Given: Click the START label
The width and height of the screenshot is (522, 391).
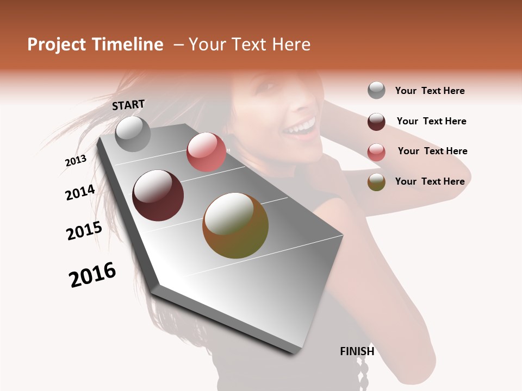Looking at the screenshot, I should coord(128,105).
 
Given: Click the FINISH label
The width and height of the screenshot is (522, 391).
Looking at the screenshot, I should coord(357,351).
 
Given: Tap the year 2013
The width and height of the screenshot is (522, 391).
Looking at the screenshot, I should coord(76,161).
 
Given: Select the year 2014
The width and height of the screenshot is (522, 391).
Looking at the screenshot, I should coord(80,192).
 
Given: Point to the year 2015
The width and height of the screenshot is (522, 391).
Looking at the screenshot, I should coord(84,231).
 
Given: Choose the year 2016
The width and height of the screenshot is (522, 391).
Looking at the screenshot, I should coord(92,275).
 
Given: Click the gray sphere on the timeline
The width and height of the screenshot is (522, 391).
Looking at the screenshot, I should coord(133,134).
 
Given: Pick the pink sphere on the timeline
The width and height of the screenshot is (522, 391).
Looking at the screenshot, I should coord(206,152).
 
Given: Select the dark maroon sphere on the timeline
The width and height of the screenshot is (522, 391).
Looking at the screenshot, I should coord(158,195).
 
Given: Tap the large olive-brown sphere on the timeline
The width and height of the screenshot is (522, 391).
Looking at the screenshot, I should coord(235,225).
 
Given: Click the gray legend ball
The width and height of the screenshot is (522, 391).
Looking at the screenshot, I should coord(376,91).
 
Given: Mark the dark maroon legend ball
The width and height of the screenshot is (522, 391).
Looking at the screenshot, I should coord(376,122).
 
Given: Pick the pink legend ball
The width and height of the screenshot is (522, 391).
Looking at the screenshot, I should coord(376,152).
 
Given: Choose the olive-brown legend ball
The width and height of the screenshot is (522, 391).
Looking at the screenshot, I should coord(376,182).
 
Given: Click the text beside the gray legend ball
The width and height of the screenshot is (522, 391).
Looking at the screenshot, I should coord(430,91).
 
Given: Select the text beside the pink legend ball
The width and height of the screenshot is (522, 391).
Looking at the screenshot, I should coord(432,151).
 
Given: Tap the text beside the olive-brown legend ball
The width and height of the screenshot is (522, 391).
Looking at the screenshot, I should coord(430,181).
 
